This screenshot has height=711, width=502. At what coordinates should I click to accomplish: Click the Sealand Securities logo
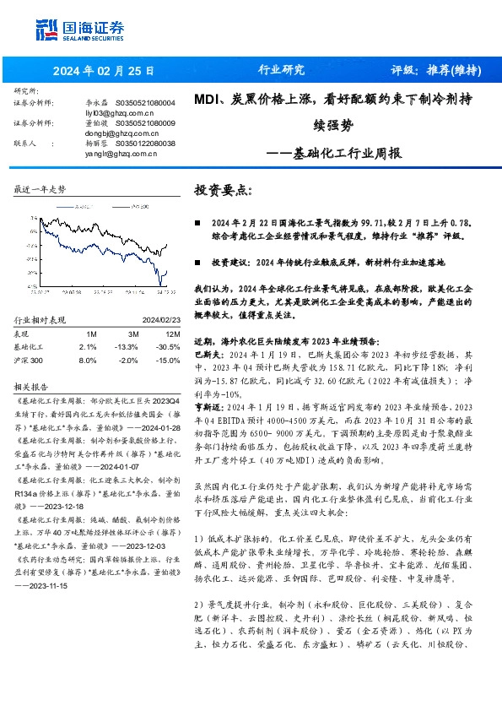[75, 29]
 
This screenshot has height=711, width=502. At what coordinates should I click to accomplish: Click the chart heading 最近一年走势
[40, 190]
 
